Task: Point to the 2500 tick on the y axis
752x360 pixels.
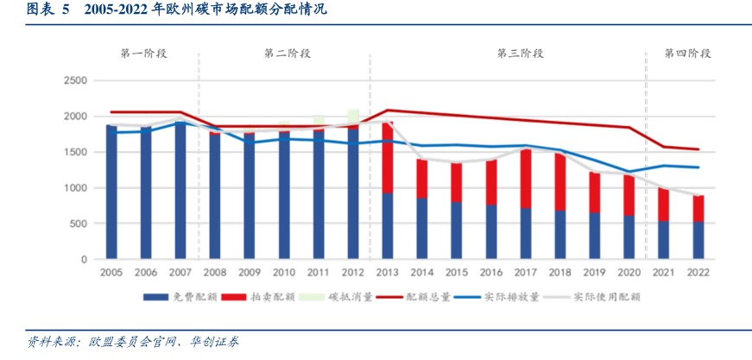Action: (76, 80)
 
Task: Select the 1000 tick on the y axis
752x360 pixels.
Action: (76, 187)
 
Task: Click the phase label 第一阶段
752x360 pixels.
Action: (143, 54)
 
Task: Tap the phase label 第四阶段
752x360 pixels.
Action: (687, 54)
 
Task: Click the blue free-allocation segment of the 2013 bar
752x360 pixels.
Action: (388, 225)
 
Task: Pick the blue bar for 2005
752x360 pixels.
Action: (111, 192)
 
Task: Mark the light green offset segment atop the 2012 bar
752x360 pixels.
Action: (353, 117)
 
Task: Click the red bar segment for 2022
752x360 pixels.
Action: (698, 209)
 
